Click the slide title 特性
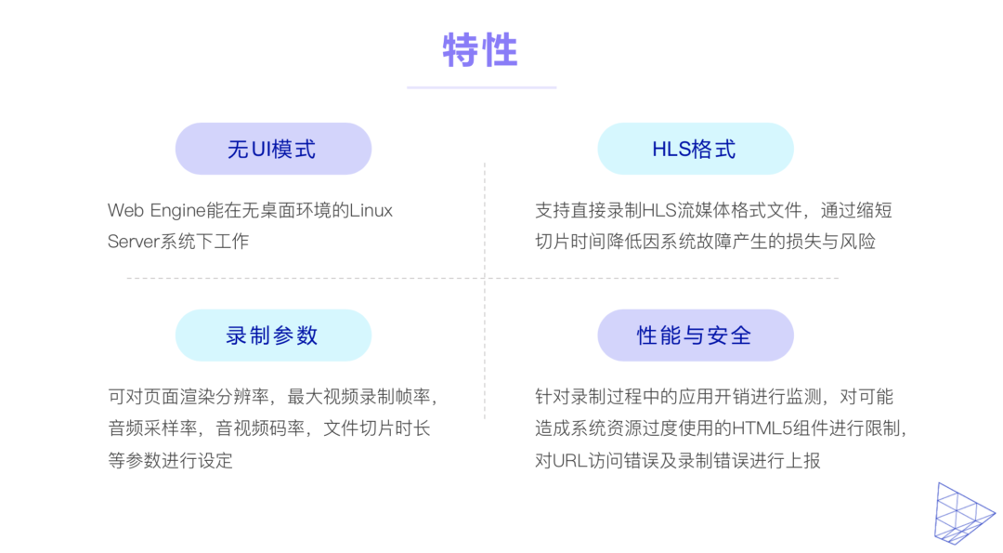pos(480,50)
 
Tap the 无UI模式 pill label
pos(272,149)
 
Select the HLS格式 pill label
pos(694,149)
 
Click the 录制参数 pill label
pos(272,336)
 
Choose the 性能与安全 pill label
pos(694,336)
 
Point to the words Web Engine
pos(156,211)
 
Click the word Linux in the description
pos(371,211)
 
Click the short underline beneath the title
pos(481,87)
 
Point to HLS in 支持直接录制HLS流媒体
pos(658,211)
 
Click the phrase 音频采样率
pos(154,428)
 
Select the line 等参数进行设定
pos(170,460)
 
